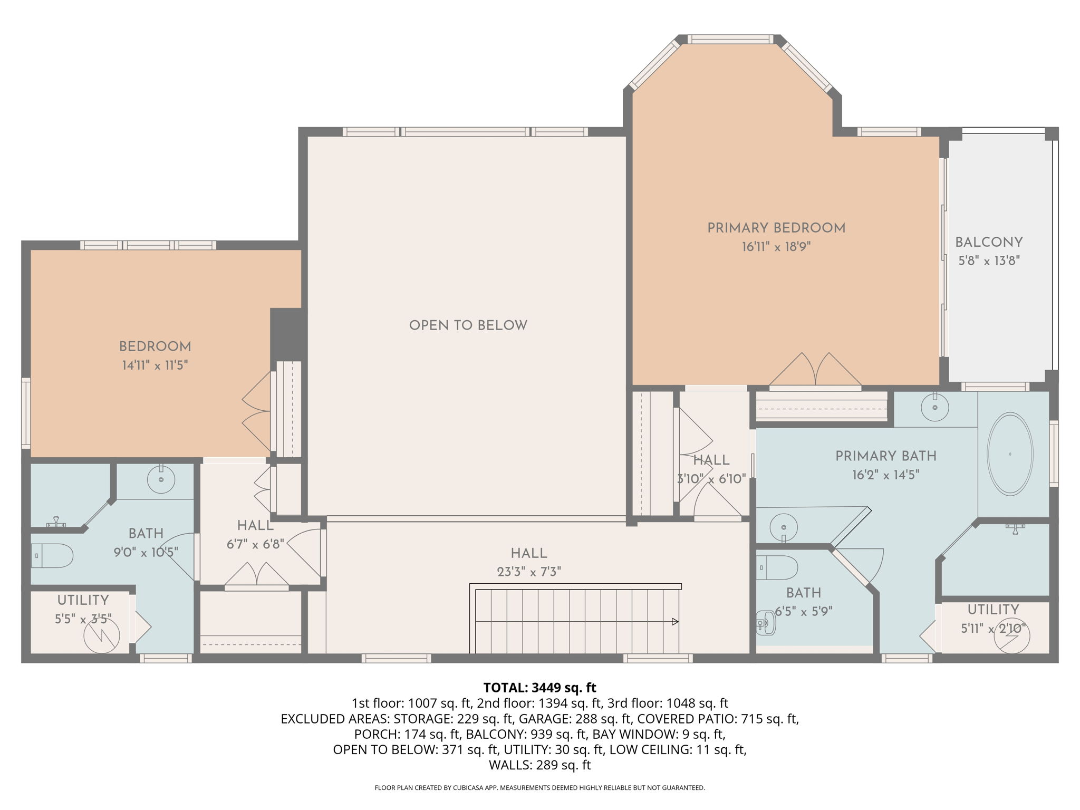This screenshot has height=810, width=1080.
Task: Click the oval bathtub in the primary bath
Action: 1010,454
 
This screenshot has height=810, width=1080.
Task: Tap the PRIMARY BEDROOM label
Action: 776,228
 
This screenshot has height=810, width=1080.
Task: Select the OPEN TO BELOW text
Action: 468,325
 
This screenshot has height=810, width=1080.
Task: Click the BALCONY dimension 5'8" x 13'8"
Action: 989,261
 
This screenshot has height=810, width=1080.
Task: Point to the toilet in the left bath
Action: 52,555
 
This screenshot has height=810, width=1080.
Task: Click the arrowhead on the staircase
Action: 675,622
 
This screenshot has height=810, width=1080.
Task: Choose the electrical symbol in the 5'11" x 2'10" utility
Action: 1011,637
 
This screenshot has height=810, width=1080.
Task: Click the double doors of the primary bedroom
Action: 815,369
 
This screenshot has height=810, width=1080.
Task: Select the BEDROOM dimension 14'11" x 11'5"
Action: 155,365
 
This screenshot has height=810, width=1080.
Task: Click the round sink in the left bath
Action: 161,479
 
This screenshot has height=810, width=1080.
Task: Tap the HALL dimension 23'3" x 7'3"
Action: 528,572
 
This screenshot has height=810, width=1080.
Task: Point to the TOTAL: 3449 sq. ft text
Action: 539,688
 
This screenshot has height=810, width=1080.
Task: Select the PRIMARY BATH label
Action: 886,456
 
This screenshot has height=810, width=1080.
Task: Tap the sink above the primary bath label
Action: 935,407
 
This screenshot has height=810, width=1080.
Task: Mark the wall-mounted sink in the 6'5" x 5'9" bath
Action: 766,623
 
